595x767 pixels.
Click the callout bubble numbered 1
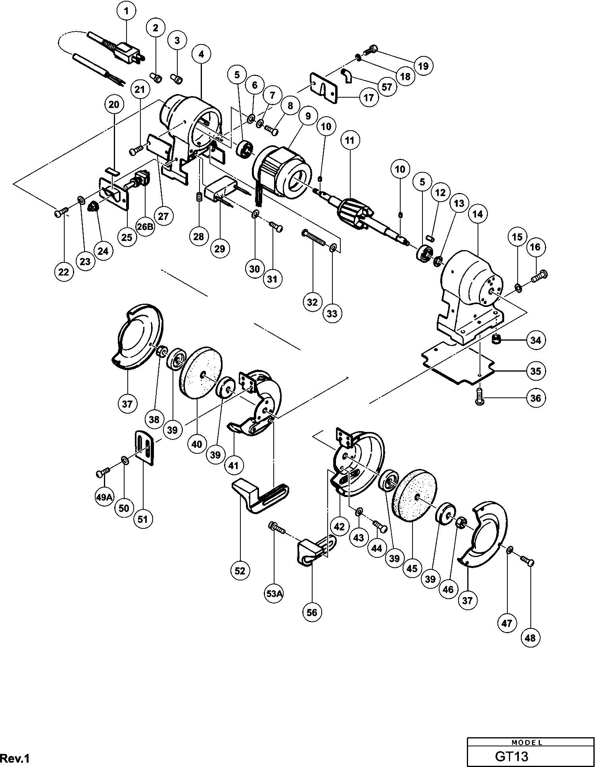[127, 12]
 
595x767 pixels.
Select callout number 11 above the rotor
[349, 141]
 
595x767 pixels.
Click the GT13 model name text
[511, 756]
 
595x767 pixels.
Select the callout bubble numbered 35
[535, 371]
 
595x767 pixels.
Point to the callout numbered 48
[530, 638]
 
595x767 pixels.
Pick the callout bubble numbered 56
[312, 613]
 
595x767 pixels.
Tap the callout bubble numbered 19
[424, 66]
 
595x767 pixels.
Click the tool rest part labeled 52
[260, 496]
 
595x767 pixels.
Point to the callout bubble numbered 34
[535, 340]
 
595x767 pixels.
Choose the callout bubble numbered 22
[63, 272]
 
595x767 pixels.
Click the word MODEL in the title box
[527, 742]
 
